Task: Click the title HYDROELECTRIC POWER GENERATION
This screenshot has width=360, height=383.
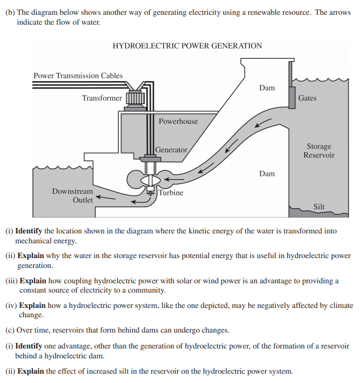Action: click(187, 46)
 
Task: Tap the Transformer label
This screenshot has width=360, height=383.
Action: click(102, 98)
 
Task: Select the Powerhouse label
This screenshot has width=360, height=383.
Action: click(178, 121)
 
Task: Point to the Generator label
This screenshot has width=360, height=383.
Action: click(171, 150)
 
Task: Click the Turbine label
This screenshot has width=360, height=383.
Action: click(171, 193)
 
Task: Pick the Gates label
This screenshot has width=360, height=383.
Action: click(307, 98)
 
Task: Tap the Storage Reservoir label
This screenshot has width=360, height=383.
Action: click(319, 151)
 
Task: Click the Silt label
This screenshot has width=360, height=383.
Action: click(318, 207)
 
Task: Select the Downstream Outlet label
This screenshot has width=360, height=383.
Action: click(72, 196)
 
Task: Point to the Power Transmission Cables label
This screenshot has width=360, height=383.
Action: click(78, 76)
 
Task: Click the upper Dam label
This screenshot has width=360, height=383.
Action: click(267, 88)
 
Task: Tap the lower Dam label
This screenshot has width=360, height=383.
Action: click(267, 174)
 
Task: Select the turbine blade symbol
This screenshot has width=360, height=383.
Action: click(148, 180)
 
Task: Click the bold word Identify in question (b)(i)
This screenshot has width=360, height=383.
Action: click(29, 231)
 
